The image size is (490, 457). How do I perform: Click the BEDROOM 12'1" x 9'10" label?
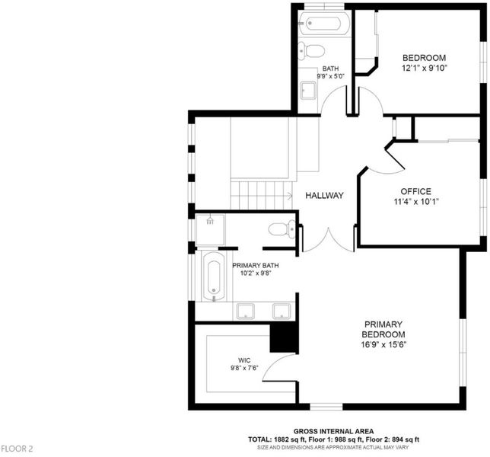click(x=424, y=62)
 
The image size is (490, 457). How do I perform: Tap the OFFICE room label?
click(x=416, y=197)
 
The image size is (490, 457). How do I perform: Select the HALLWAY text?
click(x=324, y=196)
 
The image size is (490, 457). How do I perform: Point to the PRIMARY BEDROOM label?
click(x=383, y=334)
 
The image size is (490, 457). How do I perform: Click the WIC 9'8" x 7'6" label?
click(x=244, y=364)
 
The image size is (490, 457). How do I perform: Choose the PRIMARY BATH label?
click(x=256, y=269)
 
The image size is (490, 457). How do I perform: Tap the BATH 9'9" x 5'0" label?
click(x=331, y=72)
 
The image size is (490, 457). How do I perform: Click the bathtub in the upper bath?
click(x=324, y=23)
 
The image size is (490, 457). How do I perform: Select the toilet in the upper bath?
click(x=311, y=50)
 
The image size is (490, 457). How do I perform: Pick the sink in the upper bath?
click(x=308, y=91)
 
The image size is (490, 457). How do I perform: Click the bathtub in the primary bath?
click(x=214, y=276)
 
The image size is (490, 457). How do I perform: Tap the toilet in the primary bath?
click(x=282, y=229)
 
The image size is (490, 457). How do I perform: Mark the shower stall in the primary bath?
click(x=210, y=229)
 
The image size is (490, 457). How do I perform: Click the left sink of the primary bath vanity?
click(x=245, y=312)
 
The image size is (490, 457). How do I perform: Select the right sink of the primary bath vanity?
click(x=282, y=312)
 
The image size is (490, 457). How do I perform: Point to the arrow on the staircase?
click(x=289, y=196)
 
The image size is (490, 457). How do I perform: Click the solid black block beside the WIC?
click(x=283, y=337)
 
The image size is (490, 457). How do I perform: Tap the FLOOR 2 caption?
click(x=17, y=449)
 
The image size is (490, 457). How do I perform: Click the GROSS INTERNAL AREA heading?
click(x=333, y=432)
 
